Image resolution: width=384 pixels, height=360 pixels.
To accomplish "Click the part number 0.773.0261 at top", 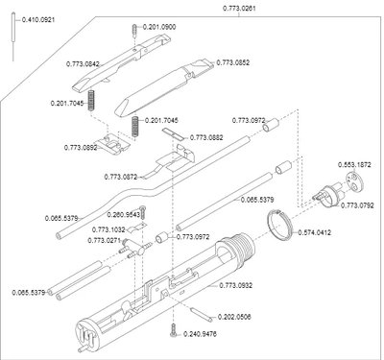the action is coord(239,9).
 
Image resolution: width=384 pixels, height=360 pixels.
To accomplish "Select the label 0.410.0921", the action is coord(38,20).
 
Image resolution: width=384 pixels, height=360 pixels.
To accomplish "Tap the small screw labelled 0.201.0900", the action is coord(134,31).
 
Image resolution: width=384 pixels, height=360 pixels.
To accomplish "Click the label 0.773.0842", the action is coord(83,64).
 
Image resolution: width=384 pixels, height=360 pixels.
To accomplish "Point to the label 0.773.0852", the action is coord(233,62).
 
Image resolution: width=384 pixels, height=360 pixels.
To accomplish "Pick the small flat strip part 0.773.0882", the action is coord(173,134).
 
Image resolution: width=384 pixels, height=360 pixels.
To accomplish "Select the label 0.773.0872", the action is coord(121,177).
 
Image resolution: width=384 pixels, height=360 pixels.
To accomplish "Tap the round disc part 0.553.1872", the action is coord(355,181).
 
